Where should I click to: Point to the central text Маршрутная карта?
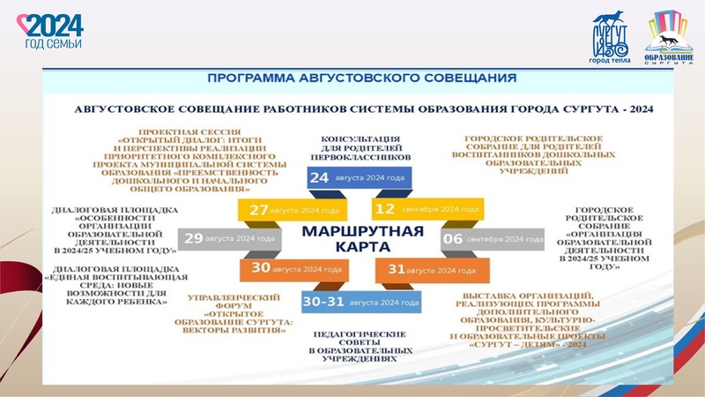(362, 238)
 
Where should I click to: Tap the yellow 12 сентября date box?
(427, 210)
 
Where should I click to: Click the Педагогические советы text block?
(359, 347)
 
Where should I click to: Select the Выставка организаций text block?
(530, 318)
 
